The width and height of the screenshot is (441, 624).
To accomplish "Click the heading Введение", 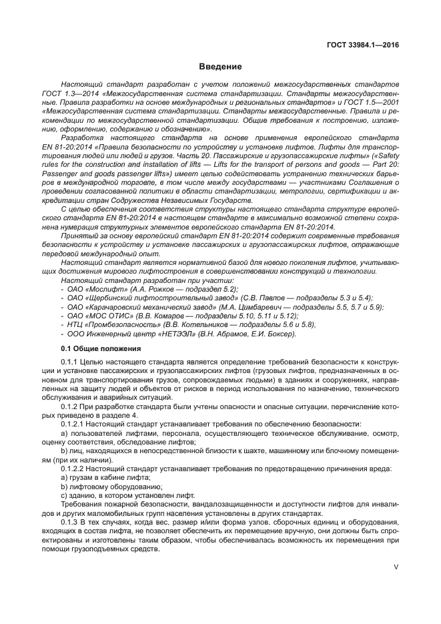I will (219, 67).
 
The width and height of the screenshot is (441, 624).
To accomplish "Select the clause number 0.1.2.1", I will (73, 423).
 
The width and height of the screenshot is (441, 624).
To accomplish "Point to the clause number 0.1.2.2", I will (73, 467).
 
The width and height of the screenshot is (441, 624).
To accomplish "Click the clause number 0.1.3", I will (70, 521).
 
